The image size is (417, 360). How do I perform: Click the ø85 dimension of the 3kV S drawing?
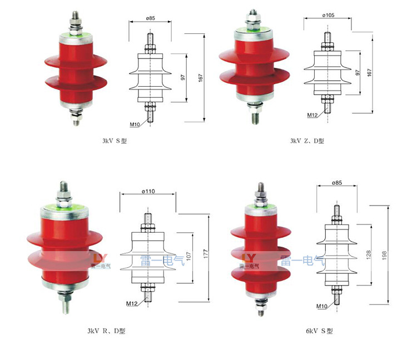pos(151,18)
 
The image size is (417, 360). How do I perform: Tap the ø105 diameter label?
pos(328,15)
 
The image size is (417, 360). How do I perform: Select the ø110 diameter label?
pos(148,191)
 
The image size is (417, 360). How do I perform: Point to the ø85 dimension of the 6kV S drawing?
pos(337,183)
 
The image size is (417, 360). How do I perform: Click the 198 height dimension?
pos(384,256)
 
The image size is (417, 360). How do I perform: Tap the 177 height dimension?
pos(206,254)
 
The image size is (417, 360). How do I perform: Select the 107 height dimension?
pos(188,256)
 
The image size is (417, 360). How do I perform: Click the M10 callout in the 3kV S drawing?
pos(135,124)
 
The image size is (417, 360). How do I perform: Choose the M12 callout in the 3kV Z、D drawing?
pos(312,115)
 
